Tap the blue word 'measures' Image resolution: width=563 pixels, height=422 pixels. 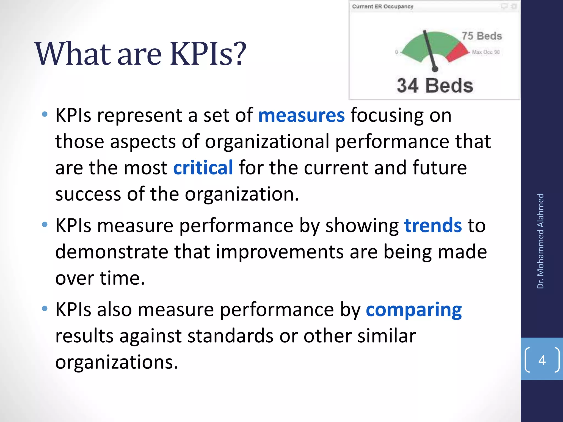coord(301,115)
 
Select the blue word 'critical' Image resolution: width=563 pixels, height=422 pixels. coord(203,168)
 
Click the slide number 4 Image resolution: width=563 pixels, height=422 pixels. coord(542,360)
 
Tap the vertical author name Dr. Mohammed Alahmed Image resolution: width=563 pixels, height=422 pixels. coord(540,241)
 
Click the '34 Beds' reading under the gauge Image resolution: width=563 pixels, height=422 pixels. coord(435,86)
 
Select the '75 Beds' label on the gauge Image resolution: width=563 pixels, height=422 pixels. coord(482,36)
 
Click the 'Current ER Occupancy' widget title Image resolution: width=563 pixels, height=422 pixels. coord(383,7)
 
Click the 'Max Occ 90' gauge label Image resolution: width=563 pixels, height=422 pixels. coord(486,52)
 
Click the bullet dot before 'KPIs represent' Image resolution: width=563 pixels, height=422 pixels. coord(45,115)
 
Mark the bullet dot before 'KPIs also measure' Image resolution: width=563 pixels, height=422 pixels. coord(45,309)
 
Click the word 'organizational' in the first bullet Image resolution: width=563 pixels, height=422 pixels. coord(267,142)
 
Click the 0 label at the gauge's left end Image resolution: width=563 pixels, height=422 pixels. coord(396,52)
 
